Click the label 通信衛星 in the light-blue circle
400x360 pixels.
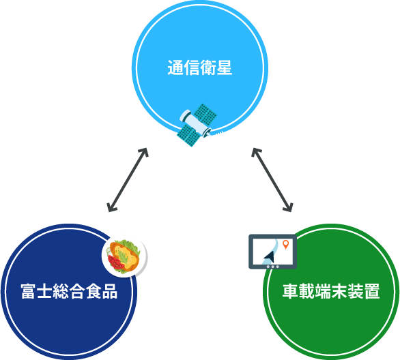200,67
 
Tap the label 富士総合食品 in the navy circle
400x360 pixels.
69,291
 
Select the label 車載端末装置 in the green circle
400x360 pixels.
331,291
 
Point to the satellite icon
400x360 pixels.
197,125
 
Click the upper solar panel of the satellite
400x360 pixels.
205,114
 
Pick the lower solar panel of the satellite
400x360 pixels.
188,135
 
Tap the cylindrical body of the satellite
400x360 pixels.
195,123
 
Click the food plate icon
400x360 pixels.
124,256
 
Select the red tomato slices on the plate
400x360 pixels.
116,262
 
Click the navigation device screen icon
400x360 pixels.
273,252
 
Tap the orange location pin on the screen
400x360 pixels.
286,244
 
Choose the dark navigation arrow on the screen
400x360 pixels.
270,256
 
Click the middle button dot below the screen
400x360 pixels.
273,267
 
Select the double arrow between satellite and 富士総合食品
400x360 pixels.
128,180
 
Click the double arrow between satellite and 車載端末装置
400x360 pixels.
272,180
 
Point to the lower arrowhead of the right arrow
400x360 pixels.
291,210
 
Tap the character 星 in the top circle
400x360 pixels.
225,67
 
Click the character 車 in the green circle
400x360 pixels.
291,291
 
